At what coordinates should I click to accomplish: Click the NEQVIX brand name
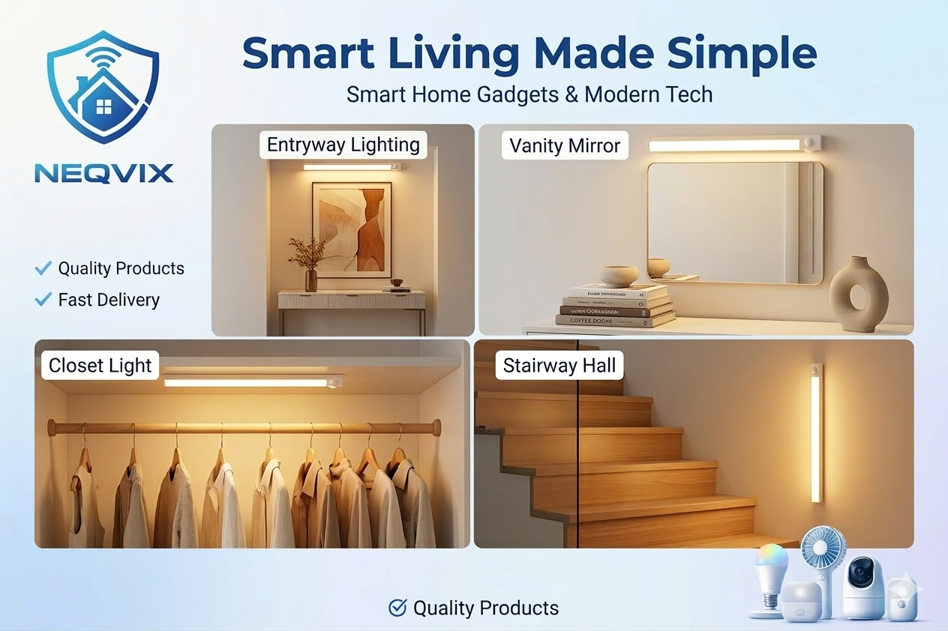103,174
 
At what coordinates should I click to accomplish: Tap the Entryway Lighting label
343,145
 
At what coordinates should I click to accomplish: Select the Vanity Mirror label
565,145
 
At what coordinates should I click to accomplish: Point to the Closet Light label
100,366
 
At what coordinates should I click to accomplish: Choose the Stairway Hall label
559,366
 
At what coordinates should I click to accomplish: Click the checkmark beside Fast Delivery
43,300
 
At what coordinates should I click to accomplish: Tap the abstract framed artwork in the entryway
352,230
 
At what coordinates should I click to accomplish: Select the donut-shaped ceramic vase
862,293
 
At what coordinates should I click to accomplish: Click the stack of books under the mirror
615,306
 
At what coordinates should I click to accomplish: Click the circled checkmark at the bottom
397,608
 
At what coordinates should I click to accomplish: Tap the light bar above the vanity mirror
734,144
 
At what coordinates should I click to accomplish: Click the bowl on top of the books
619,275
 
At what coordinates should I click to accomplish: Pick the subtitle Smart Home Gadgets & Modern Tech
529,95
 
